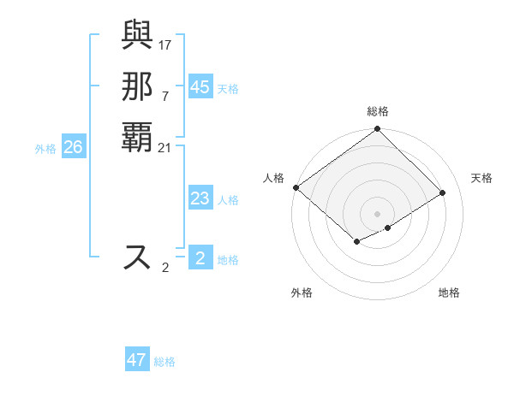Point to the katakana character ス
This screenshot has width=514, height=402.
point(138,257)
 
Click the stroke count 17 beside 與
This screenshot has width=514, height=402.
point(165,44)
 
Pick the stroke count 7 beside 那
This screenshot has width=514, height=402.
point(165,96)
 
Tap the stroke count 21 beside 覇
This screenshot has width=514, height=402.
point(165,148)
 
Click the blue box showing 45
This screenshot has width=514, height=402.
point(200,87)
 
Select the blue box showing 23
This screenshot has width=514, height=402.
point(200,199)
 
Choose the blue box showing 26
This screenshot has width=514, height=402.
point(73,148)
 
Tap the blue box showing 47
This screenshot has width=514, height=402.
point(137,360)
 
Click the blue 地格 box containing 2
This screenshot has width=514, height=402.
point(200,258)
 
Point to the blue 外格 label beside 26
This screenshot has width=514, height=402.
point(45,149)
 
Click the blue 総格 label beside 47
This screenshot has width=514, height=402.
point(164,362)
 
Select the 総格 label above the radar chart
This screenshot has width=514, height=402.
point(378,111)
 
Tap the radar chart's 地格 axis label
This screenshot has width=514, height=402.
point(449,293)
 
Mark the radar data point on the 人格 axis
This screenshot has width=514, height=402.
point(296,187)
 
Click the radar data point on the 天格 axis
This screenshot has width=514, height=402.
point(444,192)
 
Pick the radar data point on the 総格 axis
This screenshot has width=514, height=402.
point(378,130)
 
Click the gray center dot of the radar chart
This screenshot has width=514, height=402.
point(378,213)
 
